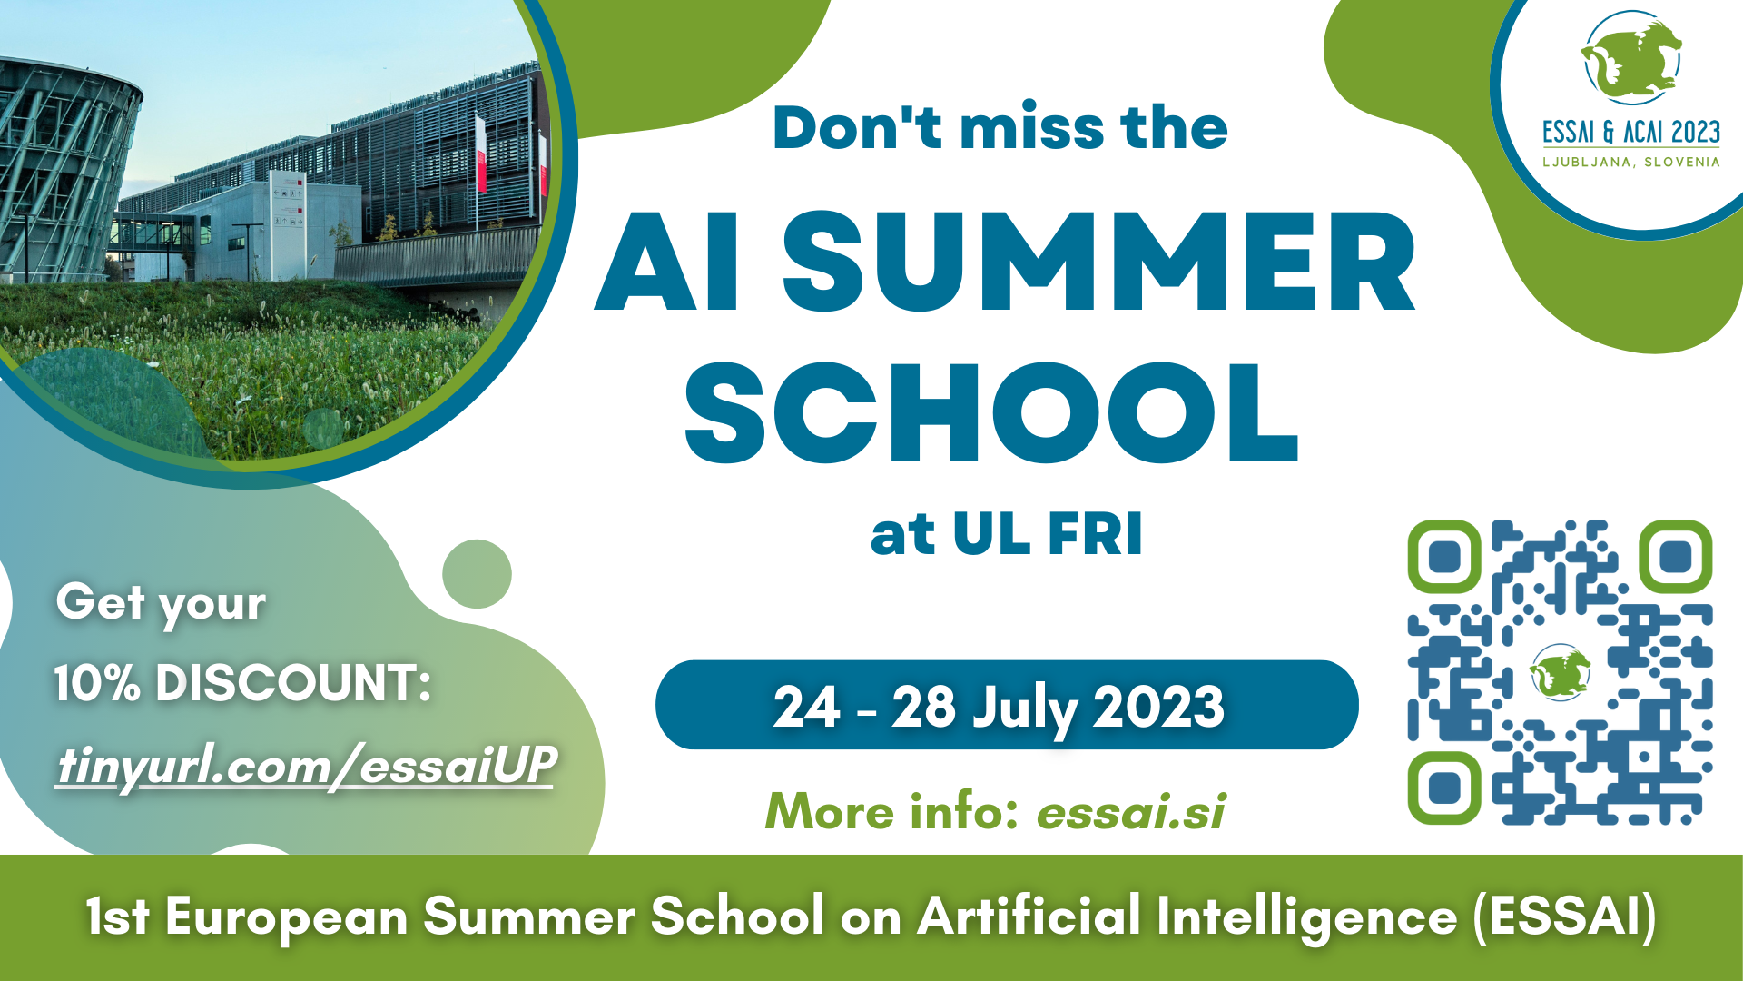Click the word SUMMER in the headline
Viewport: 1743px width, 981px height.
coord(1098,262)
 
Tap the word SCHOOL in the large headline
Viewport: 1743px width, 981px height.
coord(991,413)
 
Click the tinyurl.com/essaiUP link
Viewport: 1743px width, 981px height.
coord(306,765)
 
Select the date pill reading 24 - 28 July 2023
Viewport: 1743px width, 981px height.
coord(1007,705)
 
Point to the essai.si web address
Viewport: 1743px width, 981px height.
coord(1131,811)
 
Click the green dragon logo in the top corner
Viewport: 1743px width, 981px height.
coord(1631,60)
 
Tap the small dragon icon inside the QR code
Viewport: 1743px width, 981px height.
coord(1561,673)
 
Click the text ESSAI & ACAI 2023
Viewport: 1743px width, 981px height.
coord(1631,133)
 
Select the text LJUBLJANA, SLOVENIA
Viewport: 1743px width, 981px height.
coord(1631,163)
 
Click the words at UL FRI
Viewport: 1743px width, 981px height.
coord(1007,534)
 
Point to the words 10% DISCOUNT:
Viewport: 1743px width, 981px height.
coord(242,683)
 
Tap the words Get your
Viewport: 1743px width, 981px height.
coord(162,604)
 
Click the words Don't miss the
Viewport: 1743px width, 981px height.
coord(1000,127)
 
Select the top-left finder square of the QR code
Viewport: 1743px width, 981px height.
coord(1444,556)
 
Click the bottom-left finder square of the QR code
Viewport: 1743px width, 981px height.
coord(1444,788)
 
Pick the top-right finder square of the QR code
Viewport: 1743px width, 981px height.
coord(1676,556)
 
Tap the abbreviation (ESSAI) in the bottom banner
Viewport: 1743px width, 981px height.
coord(1565,917)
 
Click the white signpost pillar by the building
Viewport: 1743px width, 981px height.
coord(286,223)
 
